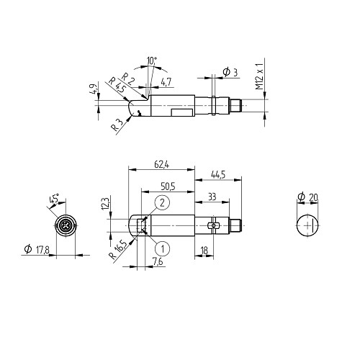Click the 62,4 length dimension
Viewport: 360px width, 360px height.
pos(162,164)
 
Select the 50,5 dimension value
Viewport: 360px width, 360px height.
pos(168,186)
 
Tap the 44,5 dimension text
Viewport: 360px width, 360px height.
pos(218,174)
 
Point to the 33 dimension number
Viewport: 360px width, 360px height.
pos(212,197)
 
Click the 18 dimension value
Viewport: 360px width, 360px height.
pos(204,251)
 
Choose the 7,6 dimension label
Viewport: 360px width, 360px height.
pos(158,261)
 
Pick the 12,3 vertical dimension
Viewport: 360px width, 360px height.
pos(105,204)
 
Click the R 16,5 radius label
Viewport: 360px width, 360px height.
pos(118,250)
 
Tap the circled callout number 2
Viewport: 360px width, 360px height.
pos(163,202)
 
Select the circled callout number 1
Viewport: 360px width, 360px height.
pos(163,249)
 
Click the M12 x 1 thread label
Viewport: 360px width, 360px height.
pos(259,76)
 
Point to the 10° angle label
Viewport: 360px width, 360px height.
pos(152,60)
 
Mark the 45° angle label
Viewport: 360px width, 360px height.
pos(54,199)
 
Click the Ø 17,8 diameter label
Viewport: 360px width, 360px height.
pos(37,250)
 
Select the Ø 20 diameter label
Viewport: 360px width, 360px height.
pos(307,197)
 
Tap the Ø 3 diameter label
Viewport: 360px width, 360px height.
pos(230,72)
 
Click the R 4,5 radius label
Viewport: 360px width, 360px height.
pos(117,85)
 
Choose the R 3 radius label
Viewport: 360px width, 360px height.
pos(117,125)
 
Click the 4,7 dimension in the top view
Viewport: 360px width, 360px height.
pos(166,82)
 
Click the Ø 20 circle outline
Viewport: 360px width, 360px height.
pos(297,225)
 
